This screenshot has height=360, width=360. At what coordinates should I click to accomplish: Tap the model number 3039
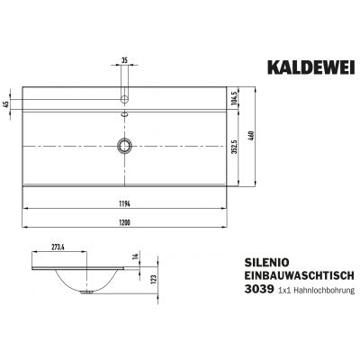pyautogui.click(x=264, y=291)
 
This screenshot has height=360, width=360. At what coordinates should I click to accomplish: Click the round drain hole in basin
pyautogui.click(x=125, y=145)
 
